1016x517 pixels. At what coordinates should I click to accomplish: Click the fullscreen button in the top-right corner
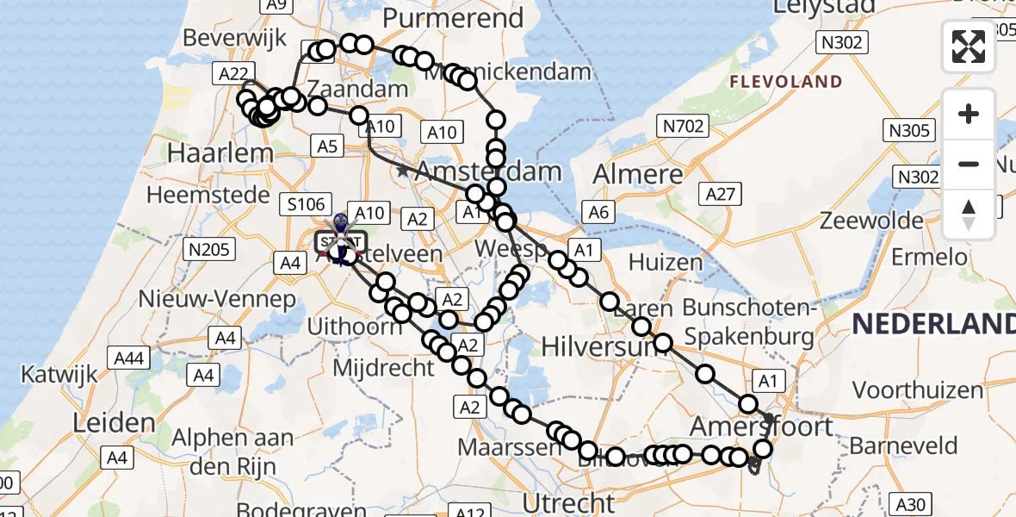tap(969, 47)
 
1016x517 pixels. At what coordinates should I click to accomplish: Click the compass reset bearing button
tap(969, 214)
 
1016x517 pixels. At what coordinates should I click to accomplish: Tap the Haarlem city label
tap(209, 154)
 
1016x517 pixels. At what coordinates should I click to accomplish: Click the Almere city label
tap(637, 175)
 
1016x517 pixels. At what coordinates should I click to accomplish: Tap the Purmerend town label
tap(453, 18)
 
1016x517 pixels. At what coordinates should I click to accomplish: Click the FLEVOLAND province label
tap(785, 82)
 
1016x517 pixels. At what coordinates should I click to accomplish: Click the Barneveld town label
tap(903, 445)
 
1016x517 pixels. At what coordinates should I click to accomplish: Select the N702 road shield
tap(684, 128)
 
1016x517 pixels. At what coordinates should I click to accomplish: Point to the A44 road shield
tap(128, 358)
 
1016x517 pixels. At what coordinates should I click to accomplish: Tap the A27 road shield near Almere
tap(720, 194)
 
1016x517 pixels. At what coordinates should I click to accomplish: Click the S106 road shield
tap(306, 205)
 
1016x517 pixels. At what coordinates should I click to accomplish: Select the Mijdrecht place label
tap(383, 368)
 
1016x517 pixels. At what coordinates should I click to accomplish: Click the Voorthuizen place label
tap(919, 390)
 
